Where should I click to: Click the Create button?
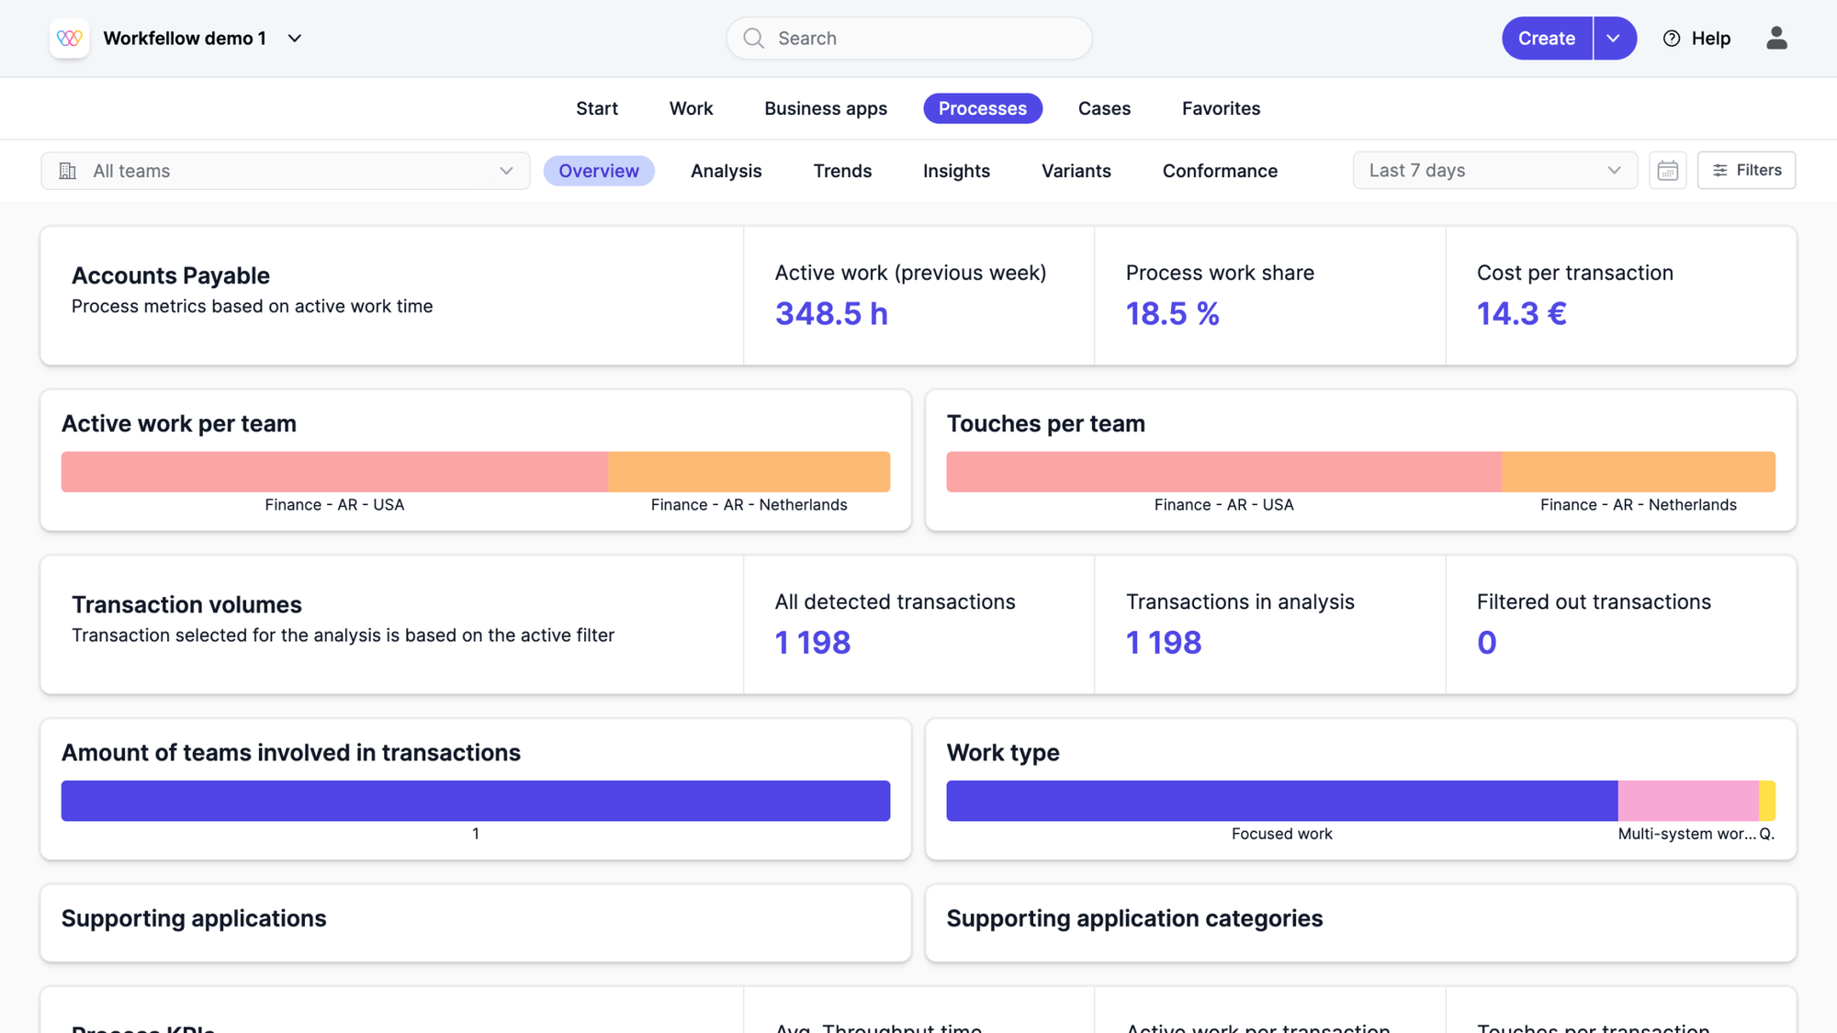coord(1547,39)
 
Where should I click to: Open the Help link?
coord(1696,39)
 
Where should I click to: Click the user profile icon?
coord(1776,39)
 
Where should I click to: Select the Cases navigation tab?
coord(1104,108)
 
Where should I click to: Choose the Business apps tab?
coord(826,108)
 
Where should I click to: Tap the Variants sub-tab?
coord(1076,171)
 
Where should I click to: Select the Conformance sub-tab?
coord(1220,171)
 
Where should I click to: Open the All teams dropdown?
coord(285,171)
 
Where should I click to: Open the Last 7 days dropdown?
coord(1494,171)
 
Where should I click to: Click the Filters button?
coord(1746,171)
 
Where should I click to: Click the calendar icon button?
coord(1667,171)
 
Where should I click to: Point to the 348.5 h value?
coord(831,314)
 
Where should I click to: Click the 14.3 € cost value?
coord(1521,314)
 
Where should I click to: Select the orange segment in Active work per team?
coord(749,472)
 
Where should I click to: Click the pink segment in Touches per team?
coord(1223,472)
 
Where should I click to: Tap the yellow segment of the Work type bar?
coord(1766,801)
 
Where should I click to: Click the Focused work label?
coord(1281,834)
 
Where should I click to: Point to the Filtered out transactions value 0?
coord(1486,643)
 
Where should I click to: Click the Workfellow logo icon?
coord(70,39)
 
